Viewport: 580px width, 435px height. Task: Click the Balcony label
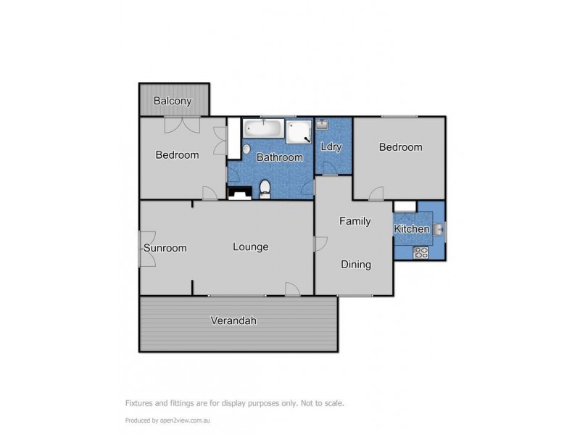pos(173,101)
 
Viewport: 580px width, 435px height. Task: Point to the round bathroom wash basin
pos(246,149)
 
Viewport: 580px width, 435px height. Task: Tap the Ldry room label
pos(331,147)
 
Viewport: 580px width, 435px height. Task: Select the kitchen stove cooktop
pos(421,252)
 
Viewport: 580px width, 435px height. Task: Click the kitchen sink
pos(439,230)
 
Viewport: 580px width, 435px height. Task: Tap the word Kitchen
pos(410,230)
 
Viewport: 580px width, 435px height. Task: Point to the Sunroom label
pos(165,248)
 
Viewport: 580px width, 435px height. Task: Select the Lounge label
pos(250,246)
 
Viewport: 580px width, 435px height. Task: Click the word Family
pos(355,221)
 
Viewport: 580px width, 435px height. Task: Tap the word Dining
pos(356,265)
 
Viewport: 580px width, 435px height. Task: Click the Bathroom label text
pos(280,157)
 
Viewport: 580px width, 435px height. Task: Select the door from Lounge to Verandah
pos(292,289)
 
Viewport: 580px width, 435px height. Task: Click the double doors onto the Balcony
pos(181,125)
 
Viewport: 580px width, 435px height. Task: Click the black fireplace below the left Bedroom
pos(240,193)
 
